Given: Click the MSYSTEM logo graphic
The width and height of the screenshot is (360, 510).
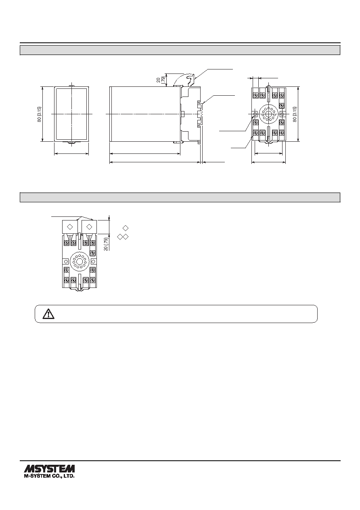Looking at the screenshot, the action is click(49, 468).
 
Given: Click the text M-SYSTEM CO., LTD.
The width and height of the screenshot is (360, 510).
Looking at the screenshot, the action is click(49, 476).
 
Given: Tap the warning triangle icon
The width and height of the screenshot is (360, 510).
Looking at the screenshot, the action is click(48, 314).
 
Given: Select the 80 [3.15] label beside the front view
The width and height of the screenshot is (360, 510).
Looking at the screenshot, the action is click(40, 114).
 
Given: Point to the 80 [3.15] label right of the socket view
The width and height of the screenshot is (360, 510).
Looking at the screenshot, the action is click(295, 114).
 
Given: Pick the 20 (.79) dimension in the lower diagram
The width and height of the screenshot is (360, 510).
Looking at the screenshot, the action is click(106, 244).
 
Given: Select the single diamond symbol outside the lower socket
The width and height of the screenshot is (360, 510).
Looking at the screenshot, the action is click(126, 228).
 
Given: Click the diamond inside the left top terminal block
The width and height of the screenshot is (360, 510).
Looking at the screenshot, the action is click(70, 227).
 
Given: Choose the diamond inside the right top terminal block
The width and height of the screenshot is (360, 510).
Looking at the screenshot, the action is click(89, 227).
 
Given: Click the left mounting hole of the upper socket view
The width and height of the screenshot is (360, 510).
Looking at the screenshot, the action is click(255, 113).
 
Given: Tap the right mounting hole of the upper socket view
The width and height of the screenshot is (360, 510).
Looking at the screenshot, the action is click(283, 113).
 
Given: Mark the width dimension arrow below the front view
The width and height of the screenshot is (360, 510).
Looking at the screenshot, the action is click(71, 154).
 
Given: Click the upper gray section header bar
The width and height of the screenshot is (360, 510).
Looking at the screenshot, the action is click(180, 50).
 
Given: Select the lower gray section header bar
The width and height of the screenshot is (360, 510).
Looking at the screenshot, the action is click(180, 197).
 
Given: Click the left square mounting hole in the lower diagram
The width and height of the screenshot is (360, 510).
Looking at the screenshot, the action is click(66, 261).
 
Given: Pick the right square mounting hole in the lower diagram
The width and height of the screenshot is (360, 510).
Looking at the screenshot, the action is click(93, 261).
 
